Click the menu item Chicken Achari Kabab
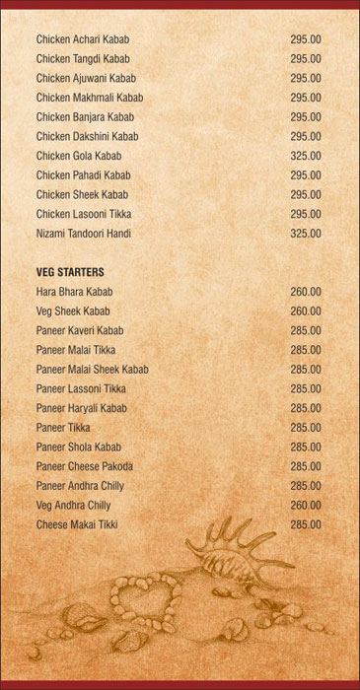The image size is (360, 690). (x=83, y=39)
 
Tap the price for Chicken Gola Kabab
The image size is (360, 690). (x=305, y=156)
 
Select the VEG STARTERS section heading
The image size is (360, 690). (x=70, y=272)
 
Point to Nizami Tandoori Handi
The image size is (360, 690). (x=83, y=234)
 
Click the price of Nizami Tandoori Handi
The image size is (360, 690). (x=305, y=234)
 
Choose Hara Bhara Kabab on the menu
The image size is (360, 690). (x=74, y=292)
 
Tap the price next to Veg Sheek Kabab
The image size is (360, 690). (x=305, y=311)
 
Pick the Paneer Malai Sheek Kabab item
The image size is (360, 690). (x=92, y=370)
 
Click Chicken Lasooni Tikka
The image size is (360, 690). (x=83, y=214)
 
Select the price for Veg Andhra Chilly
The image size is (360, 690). (x=305, y=506)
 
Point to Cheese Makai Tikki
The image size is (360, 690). (x=76, y=524)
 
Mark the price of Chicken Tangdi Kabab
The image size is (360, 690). (x=305, y=59)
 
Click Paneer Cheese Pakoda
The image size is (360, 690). (x=84, y=466)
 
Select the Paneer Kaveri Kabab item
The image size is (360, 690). (x=80, y=330)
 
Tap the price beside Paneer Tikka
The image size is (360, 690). (x=305, y=428)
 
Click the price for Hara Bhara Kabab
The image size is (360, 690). (x=305, y=292)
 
